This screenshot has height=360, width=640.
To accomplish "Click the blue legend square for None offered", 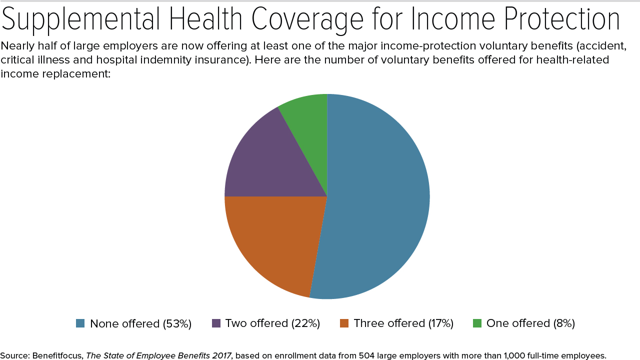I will coord(80,323).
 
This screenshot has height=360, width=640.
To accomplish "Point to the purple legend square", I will coord(216,323).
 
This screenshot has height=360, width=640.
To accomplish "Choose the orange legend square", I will coord(344,323).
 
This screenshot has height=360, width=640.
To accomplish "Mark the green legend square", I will coord(477,323).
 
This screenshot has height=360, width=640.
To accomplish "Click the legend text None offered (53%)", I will coord(141,323).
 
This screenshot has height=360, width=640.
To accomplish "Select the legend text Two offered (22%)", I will coord(272,323).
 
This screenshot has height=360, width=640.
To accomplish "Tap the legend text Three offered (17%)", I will coord(403,323).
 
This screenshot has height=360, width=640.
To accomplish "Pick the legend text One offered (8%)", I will coord(530,323).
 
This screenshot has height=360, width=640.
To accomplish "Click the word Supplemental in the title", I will coord(81,20).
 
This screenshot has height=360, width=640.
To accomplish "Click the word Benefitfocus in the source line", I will coord(57,355).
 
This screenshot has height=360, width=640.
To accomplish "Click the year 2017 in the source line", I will coord(221,355).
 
